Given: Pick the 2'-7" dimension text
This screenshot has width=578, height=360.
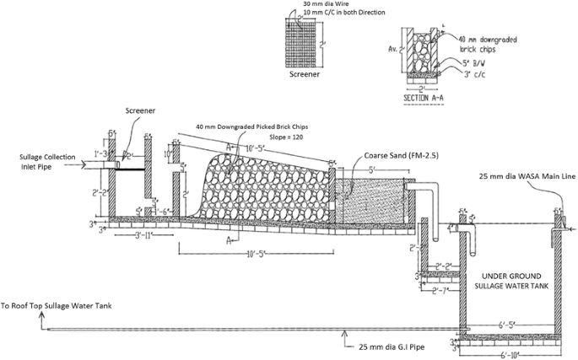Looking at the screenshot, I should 439,293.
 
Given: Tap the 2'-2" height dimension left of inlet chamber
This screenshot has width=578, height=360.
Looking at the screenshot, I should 98,192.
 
